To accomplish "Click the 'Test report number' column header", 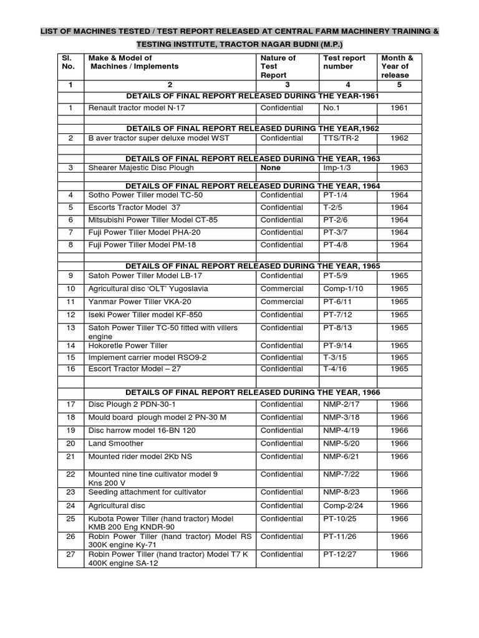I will click(344, 62).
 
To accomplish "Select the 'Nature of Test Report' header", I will click(278, 67).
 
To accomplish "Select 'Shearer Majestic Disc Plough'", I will click(141, 168).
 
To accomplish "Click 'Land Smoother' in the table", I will click(116, 443).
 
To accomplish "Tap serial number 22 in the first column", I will click(70, 474).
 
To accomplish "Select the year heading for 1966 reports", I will click(253, 392).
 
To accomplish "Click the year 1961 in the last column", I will click(399, 108).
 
